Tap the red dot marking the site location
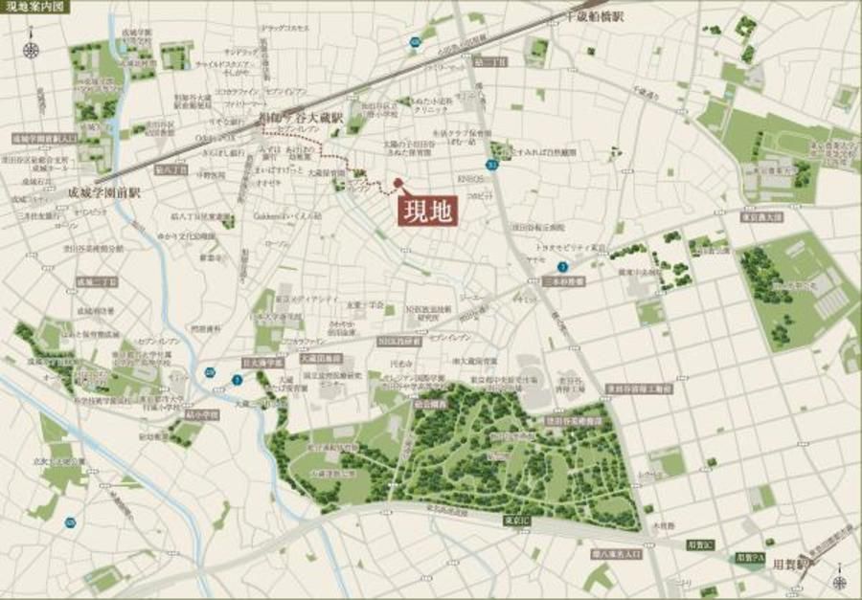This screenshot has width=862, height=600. point(397,182)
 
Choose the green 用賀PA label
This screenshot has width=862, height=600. point(750,557)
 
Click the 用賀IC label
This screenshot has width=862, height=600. point(702,544)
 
